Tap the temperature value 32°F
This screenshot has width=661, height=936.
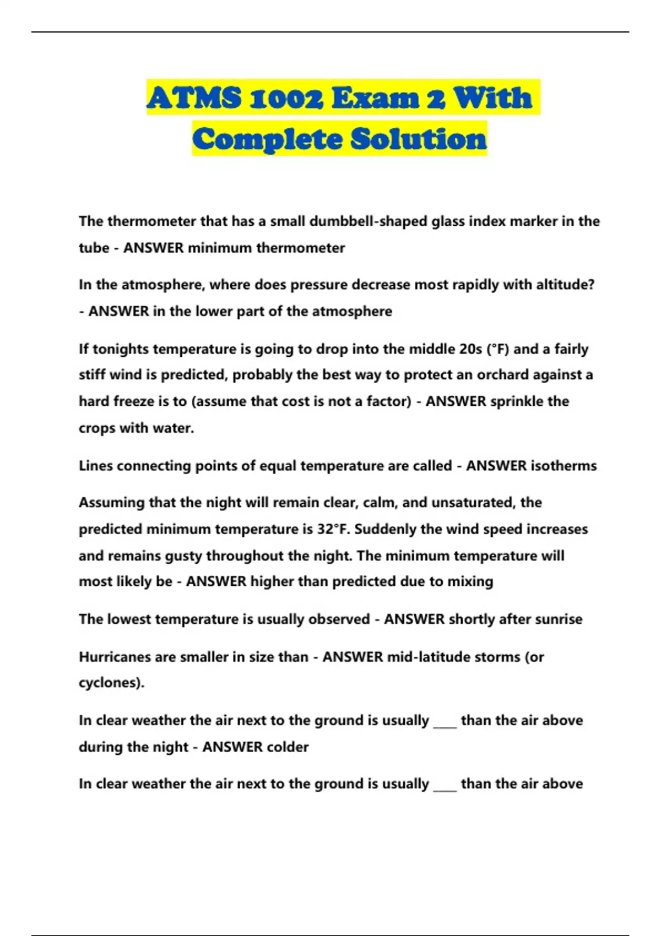click(334, 529)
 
